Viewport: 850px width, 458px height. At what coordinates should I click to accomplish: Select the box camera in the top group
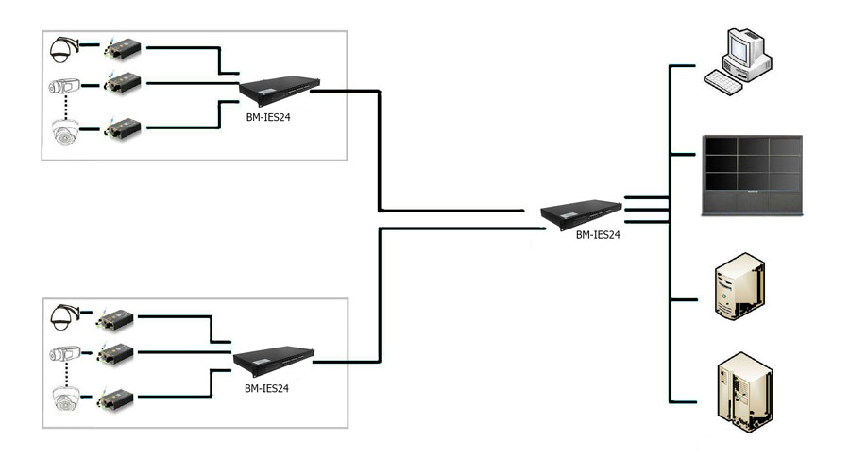click(x=65, y=88)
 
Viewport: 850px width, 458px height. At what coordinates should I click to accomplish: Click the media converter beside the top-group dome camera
click(x=123, y=47)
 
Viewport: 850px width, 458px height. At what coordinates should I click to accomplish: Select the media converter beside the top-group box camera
click(x=123, y=84)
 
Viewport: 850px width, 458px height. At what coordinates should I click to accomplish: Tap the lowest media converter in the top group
click(x=123, y=127)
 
